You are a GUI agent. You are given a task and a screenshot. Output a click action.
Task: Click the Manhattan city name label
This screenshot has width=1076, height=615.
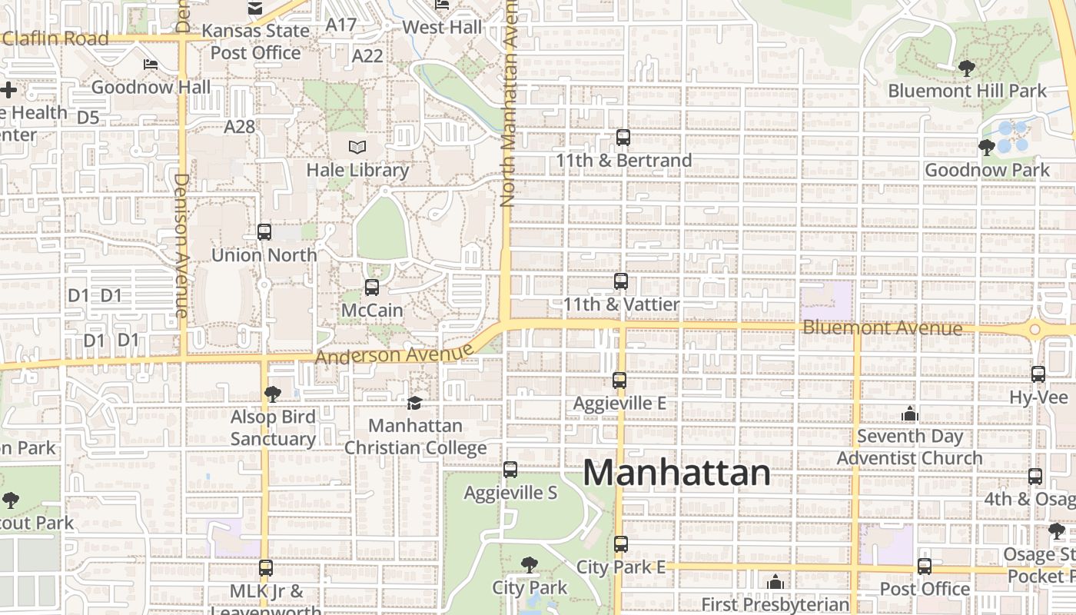coord(676,472)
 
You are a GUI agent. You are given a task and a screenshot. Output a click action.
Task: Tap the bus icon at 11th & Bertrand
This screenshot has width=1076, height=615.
coord(623,138)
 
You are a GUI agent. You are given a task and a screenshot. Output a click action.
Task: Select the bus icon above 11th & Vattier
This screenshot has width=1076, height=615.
coord(621,281)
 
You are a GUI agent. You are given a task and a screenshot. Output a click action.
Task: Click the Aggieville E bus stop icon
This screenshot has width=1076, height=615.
coord(619,380)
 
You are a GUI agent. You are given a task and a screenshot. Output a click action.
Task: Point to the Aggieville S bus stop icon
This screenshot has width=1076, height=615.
coord(510,470)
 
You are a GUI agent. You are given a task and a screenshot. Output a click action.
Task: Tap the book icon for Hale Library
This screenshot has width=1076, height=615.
coord(357,147)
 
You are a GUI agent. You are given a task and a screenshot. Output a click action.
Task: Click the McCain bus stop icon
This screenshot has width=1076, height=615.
coord(372,288)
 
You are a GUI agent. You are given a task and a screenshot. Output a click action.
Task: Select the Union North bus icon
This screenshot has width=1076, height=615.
coord(264,231)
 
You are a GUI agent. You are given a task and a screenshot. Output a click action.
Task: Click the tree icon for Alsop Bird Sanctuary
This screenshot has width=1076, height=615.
coord(272,394)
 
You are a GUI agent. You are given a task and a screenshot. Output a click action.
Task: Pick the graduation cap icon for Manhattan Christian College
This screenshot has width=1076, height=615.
coord(414,403)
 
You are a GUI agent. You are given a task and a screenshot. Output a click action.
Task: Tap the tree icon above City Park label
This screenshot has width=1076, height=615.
coord(529,565)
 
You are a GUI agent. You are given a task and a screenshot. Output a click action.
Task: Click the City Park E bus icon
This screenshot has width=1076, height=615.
coord(621,544)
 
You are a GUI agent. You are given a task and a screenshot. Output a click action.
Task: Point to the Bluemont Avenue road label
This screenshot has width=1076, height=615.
coord(882,328)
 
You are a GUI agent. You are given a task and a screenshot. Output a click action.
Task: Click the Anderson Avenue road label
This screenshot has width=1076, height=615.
coord(394,355)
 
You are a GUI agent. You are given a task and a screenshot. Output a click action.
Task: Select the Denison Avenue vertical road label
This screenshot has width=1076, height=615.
coord(181,244)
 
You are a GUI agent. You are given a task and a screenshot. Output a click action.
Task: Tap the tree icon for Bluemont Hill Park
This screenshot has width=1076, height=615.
coord(967,68)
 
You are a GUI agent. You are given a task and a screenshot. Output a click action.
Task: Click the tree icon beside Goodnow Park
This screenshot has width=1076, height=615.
coord(988,147)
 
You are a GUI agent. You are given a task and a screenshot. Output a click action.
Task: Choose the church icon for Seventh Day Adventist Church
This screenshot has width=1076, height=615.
coord(910,414)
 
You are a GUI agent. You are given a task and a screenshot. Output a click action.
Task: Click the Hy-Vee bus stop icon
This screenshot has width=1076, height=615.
coord(1038,374)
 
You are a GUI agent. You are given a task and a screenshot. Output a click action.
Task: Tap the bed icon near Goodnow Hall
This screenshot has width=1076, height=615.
coord(151,65)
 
